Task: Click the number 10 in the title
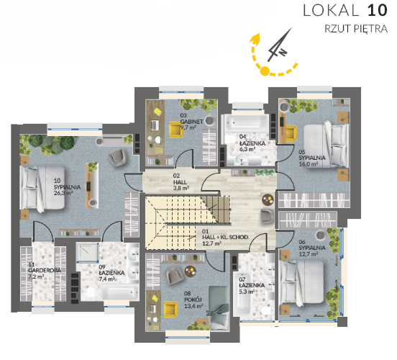378,11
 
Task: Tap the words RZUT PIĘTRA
356,29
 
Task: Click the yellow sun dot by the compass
265,71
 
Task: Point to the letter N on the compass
283,53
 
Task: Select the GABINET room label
191,122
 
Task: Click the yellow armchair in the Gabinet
176,130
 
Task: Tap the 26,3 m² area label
63,193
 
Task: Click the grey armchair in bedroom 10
117,157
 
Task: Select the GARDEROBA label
45,271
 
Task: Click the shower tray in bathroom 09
88,253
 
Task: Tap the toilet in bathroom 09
91,292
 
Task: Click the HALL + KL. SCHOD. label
225,238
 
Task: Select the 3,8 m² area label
181,189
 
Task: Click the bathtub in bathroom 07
242,294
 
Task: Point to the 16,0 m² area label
309,164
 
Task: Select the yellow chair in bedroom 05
291,133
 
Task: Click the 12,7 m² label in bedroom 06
309,254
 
